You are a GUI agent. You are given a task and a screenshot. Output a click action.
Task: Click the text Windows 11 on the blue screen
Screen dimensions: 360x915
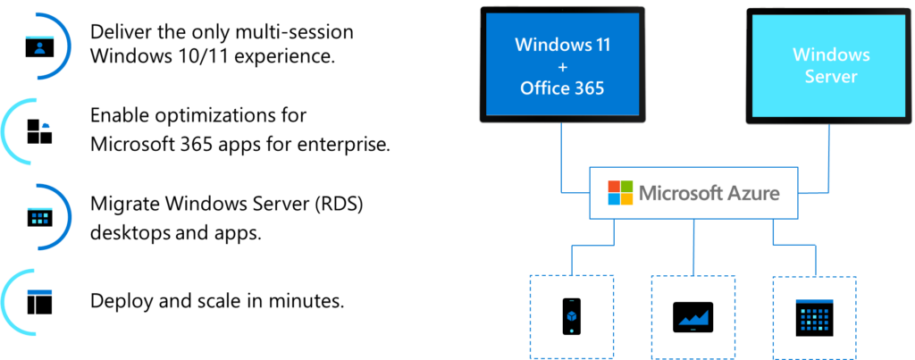click(561, 45)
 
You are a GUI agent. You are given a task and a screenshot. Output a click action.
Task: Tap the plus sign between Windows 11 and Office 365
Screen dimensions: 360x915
click(561, 67)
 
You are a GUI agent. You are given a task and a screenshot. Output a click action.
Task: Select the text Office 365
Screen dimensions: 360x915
click(561, 88)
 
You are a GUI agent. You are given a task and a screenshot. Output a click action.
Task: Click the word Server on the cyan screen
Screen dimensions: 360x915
click(830, 77)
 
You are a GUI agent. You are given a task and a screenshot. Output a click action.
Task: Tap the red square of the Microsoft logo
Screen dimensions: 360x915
click(614, 186)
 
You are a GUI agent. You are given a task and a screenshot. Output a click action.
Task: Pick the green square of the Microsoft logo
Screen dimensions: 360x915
click(626, 186)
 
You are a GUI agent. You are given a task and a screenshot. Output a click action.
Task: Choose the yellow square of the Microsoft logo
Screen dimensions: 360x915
click(626, 198)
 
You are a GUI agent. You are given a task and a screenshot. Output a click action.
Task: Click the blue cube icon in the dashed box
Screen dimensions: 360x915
click(572, 316)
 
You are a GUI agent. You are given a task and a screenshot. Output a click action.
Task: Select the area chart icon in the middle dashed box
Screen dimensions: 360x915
click(693, 317)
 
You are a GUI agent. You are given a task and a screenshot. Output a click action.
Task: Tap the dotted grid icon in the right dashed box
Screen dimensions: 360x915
click(814, 317)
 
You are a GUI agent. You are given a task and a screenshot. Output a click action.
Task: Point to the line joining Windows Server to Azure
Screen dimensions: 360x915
click(829, 161)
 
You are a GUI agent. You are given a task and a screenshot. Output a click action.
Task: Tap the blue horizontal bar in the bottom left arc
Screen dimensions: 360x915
click(39, 292)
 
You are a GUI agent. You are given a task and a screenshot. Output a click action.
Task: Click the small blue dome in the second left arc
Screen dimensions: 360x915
click(46, 127)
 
